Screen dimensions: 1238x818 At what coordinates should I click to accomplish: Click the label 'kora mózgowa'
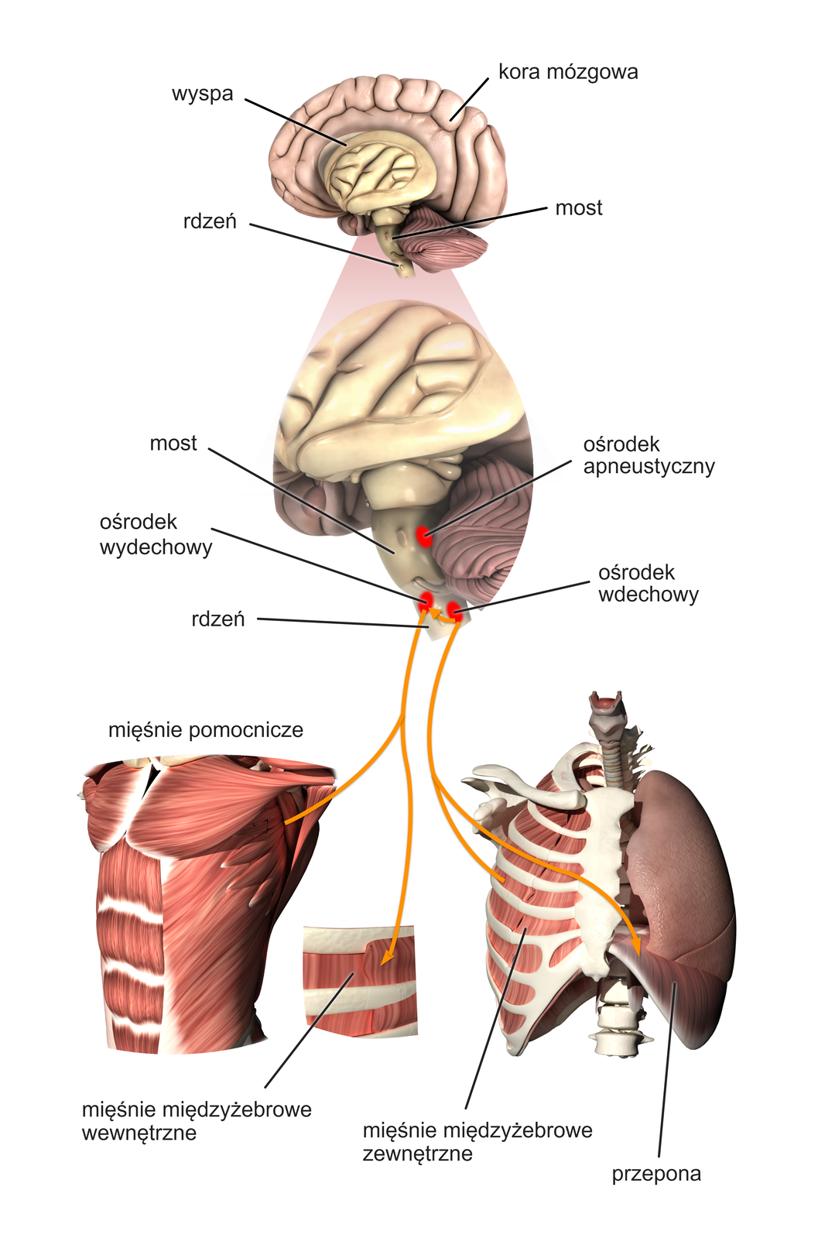tap(567, 72)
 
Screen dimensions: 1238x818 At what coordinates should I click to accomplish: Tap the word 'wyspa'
tap(202, 94)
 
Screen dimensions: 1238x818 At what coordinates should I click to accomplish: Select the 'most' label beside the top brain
tap(578, 207)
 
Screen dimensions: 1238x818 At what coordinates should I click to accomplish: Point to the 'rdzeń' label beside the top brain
tap(210, 221)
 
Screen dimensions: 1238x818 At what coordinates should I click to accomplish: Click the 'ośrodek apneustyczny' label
tap(648, 455)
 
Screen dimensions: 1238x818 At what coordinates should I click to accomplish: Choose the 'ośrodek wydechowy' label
tap(156, 534)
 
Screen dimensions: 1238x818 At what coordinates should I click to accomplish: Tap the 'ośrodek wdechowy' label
tap(648, 583)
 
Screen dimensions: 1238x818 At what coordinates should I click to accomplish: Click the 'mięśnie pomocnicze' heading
tap(206, 729)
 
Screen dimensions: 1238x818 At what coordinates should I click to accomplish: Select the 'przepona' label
tap(656, 1174)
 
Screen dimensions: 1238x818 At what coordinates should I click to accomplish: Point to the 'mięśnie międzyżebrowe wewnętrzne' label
tap(197, 1120)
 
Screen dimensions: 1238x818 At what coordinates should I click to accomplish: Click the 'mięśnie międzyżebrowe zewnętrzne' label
tap(477, 1141)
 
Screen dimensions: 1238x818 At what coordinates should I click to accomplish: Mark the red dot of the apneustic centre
tap(423, 535)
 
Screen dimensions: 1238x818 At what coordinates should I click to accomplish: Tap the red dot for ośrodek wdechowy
tap(455, 611)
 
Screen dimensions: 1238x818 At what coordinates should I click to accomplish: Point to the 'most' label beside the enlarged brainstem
tap(173, 443)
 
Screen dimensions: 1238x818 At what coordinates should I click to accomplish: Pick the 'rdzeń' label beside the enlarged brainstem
tap(218, 619)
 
